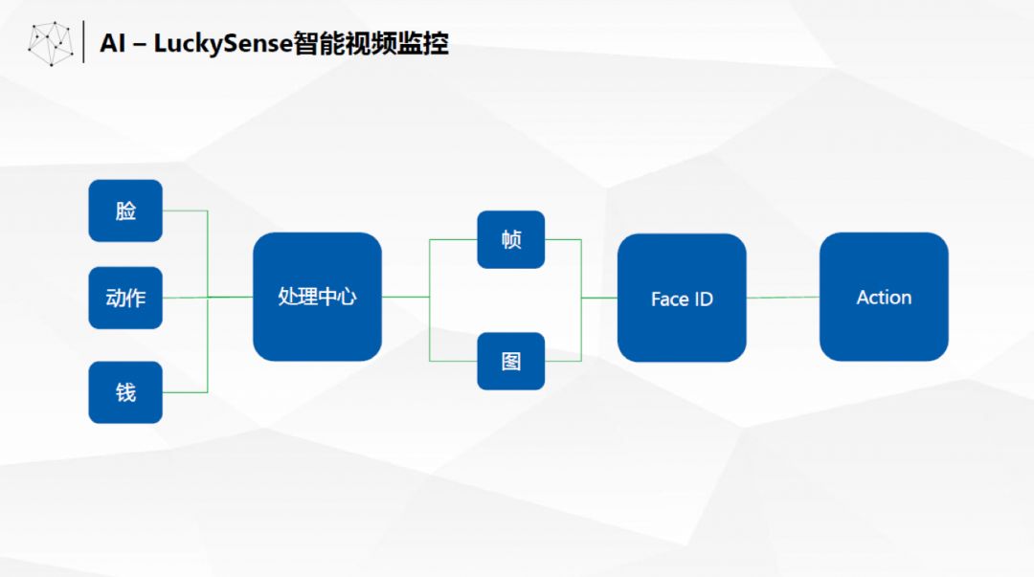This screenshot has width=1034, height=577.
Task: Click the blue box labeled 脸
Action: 125,211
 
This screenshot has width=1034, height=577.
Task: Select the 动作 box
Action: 125,298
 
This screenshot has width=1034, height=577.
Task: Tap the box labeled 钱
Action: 125,392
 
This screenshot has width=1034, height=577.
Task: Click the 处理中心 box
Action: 317,297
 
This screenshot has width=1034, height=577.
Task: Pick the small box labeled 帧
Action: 511,239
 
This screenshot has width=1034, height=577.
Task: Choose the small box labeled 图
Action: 511,361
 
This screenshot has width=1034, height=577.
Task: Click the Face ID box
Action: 682,298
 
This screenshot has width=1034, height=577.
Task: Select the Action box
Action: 884,297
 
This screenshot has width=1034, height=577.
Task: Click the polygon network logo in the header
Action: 51,43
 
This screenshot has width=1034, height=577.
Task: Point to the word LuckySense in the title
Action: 223,44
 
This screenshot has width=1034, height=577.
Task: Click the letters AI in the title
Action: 112,43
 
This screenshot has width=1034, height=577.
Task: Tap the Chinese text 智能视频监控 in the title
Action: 371,43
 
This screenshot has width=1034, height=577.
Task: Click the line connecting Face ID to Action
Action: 783,298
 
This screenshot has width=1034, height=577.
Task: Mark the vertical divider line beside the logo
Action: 83,41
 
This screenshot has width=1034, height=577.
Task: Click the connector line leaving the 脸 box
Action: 186,211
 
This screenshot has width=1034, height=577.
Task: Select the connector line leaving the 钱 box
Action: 186,392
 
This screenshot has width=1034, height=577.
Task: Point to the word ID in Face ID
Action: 704,300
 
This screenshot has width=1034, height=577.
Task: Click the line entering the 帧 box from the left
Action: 453,240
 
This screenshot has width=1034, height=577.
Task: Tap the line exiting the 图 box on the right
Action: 563,361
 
